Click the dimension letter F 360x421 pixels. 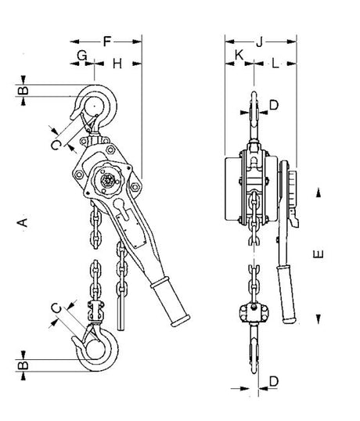107,41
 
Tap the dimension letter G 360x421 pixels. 82,56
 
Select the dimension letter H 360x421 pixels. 117,64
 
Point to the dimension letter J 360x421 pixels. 259,42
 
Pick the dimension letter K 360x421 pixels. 239,55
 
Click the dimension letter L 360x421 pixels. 275,63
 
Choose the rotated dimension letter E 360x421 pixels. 318,254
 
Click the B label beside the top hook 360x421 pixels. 23,90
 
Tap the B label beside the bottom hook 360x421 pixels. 23,365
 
